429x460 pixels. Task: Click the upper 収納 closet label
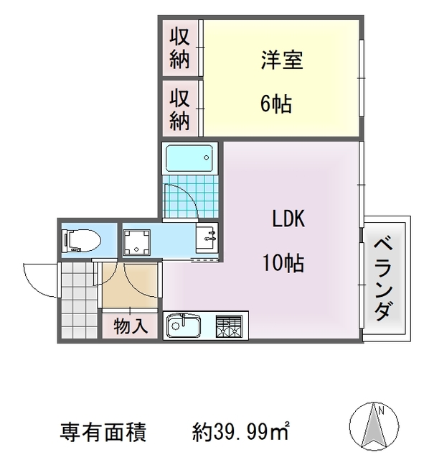point(179,48)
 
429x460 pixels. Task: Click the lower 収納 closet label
point(179,109)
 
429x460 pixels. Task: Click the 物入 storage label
point(131,326)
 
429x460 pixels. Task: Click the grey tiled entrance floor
point(75,305)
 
